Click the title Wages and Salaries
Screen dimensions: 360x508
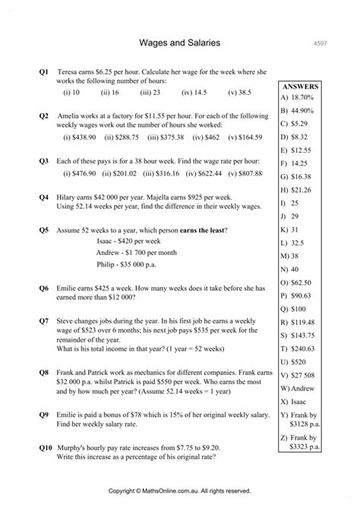point(180,43)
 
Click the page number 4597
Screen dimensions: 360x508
point(320,44)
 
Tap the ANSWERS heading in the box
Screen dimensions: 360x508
point(300,87)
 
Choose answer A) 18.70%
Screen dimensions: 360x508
point(299,98)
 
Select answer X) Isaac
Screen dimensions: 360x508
point(295,402)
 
